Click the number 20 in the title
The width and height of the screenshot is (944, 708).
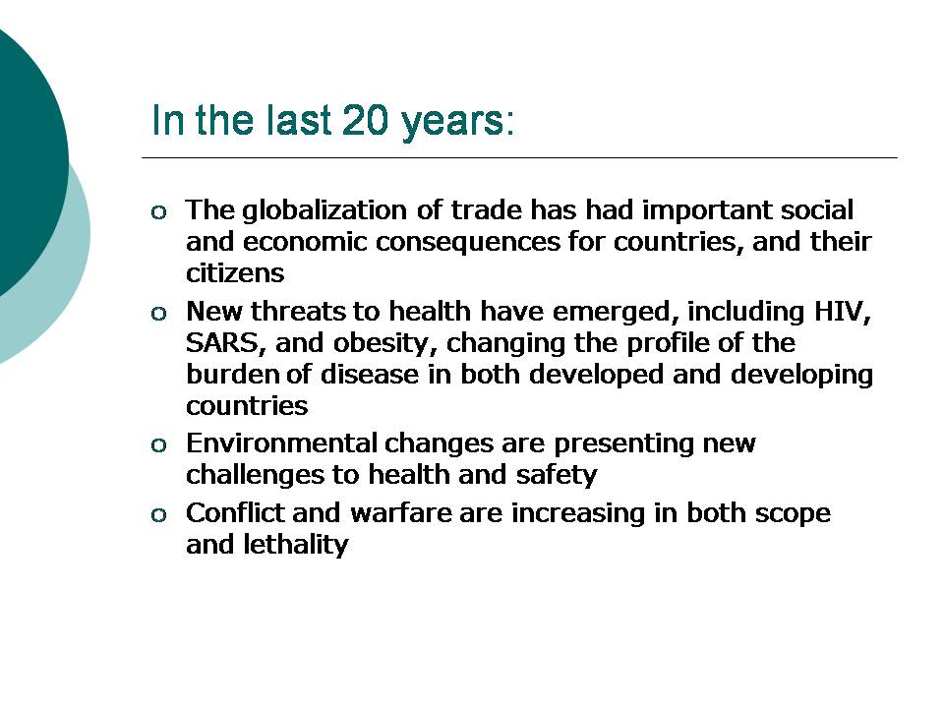pos(366,120)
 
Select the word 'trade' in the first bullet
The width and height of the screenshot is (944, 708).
pos(487,210)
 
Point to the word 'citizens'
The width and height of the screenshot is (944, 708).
pos(235,273)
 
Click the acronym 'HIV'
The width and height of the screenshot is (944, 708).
pos(842,312)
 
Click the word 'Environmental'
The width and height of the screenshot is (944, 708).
pos(281,443)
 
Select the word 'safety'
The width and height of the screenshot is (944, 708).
pos(557,475)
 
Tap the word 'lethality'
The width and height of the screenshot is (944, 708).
pos(296,546)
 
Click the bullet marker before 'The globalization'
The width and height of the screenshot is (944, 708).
pos(158,212)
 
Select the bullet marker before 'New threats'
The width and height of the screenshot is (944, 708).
pos(158,313)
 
